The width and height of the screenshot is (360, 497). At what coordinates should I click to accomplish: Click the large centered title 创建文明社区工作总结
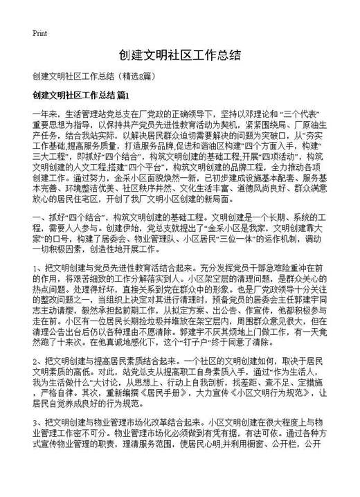[179, 55]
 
